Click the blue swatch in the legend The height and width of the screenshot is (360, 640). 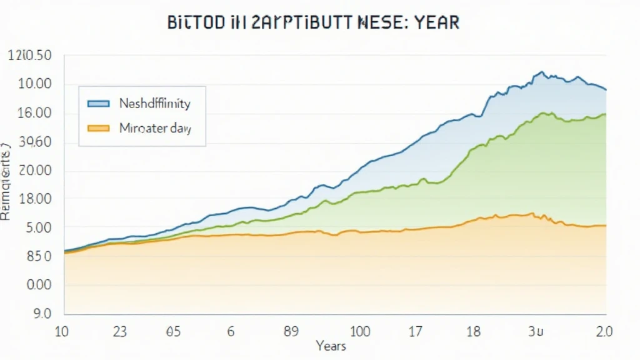coord(99,103)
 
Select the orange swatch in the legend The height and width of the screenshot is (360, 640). coord(99,129)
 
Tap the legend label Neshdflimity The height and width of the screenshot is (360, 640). coord(154,103)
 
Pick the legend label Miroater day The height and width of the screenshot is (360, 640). coord(154,129)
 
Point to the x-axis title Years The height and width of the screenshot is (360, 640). coord(331,346)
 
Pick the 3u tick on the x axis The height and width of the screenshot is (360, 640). coord(536,331)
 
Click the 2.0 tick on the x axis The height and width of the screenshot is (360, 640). coord(604,331)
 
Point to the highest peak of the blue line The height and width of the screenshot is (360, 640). coord(541,72)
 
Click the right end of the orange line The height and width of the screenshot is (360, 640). coord(605,226)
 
